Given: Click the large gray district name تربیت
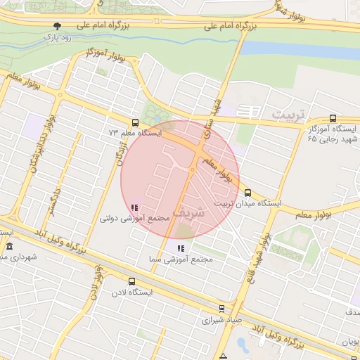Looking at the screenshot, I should coord(290,113).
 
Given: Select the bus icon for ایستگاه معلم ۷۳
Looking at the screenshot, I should coord(136,122).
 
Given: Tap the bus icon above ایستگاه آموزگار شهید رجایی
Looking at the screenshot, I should coord(333,120).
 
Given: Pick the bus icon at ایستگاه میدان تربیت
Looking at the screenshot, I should coord(247,193).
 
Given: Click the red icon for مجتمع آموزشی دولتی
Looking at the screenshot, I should coord(134,207).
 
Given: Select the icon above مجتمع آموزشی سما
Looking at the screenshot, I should coord(181,248).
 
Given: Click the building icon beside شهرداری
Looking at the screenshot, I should coord(8,247).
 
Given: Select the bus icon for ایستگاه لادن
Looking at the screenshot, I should coord(135,281).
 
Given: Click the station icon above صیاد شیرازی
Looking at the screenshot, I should coord(222,308).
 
